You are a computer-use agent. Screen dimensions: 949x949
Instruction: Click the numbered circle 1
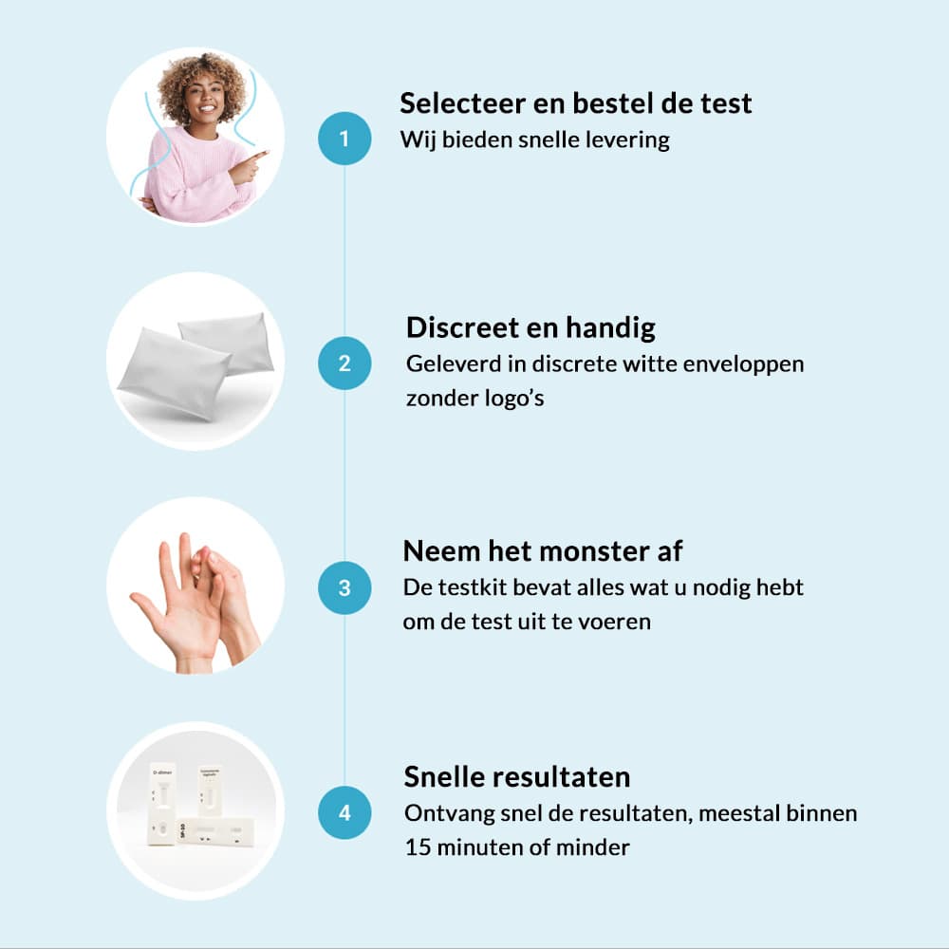click(x=344, y=139)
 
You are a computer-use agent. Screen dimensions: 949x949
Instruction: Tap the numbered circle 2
click(x=344, y=363)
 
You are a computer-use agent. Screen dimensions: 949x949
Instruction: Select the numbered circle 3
click(x=344, y=587)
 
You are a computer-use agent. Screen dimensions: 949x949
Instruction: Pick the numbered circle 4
click(x=344, y=812)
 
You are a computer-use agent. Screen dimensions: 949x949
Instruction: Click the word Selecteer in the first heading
click(x=462, y=103)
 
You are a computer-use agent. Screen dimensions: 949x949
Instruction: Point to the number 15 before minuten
click(x=417, y=847)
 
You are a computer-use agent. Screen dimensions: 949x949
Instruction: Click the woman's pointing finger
click(x=256, y=157)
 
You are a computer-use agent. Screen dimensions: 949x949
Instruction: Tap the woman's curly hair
click(x=202, y=84)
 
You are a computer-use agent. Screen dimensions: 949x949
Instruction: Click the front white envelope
click(x=173, y=373)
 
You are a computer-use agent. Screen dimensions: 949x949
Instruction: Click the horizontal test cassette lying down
click(x=215, y=832)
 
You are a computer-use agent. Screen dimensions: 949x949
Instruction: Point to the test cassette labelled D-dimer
click(x=162, y=803)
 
